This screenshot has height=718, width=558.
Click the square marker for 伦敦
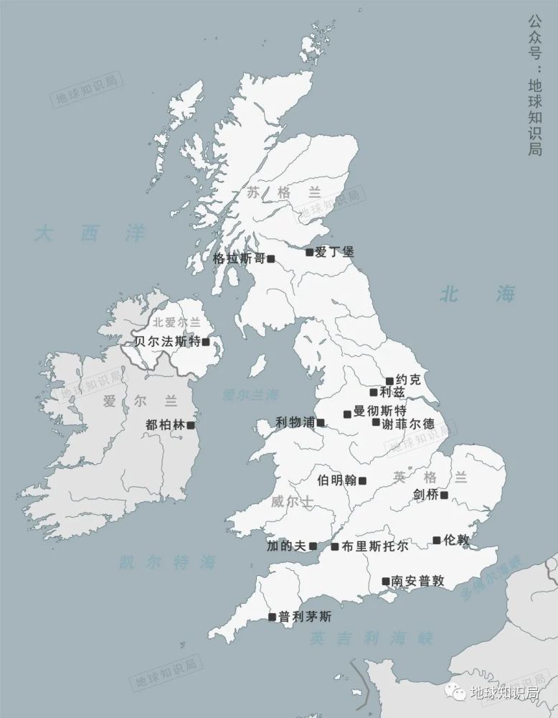click(437, 540)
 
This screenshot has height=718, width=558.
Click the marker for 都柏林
click(191, 425)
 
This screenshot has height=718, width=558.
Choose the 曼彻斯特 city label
click(380, 411)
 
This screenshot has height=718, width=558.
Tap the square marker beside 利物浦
click(321, 423)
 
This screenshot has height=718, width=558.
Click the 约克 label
click(406, 380)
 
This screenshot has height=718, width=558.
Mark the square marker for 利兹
click(374, 392)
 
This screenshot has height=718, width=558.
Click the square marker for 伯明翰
click(362, 481)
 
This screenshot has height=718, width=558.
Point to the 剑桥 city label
click(426, 495)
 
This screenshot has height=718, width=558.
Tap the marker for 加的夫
click(313, 547)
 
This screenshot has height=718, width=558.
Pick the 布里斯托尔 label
click(375, 546)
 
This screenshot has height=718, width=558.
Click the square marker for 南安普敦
click(385, 582)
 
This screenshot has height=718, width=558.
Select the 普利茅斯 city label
click(306, 616)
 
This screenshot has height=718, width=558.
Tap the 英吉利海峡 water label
click(372, 638)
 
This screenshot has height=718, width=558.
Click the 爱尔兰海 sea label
click(250, 394)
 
